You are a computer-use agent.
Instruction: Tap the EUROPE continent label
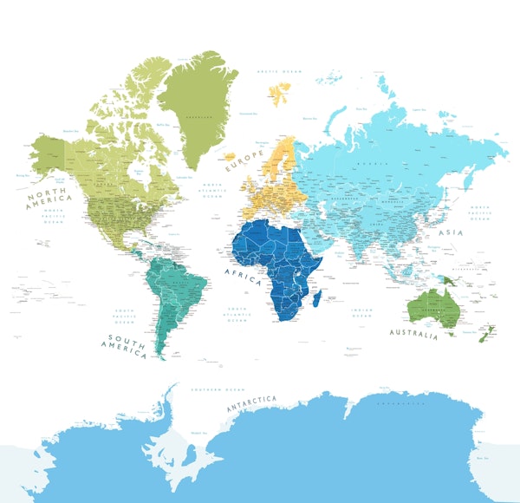245,161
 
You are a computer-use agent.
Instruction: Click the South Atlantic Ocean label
237,315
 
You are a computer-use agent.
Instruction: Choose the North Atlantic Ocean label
211,191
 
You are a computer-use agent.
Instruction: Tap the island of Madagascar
318,297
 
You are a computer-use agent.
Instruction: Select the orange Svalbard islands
281,89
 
